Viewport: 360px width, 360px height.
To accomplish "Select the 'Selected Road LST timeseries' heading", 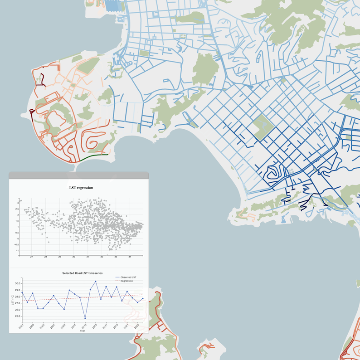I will [x=82, y=273].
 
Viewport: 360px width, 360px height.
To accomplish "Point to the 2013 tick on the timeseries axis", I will [x=84, y=326].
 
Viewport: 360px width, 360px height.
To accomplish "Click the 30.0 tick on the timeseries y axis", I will [x=18, y=284].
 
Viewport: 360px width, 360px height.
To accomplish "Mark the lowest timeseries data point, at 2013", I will [x=85, y=318].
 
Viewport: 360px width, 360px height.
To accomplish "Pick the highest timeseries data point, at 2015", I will [x=95, y=282].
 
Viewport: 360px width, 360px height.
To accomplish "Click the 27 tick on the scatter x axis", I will [x=31, y=257].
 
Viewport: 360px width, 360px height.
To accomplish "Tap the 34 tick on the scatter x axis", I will [x=130, y=257].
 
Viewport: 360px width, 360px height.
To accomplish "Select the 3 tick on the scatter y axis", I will [x=18, y=203].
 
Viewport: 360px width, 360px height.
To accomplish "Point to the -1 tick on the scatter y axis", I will [x=17, y=251].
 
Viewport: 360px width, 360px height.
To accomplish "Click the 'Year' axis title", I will [x=82, y=331].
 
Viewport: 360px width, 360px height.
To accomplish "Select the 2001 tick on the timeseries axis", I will [x=21, y=326].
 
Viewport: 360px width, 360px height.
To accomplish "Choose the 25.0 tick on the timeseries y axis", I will [x=18, y=316].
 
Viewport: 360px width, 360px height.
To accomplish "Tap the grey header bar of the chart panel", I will [x=78, y=175].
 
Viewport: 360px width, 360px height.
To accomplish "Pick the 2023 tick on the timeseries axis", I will [x=136, y=326].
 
